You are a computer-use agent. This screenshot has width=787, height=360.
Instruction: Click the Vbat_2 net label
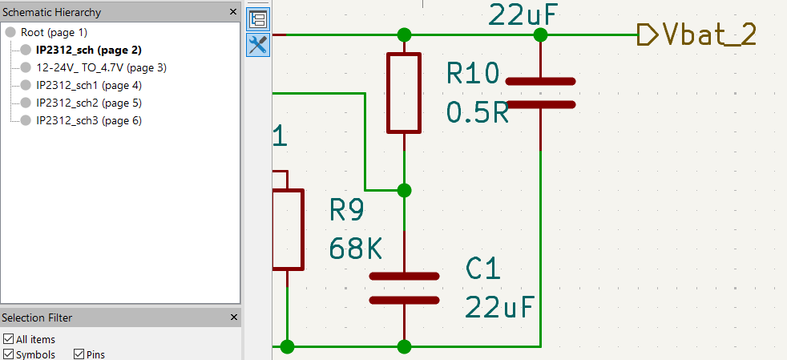[709, 35]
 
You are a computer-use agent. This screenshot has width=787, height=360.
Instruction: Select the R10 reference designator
[473, 74]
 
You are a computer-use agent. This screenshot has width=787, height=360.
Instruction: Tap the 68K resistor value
[355, 248]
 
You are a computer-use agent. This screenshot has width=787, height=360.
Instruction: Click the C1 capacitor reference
[483, 269]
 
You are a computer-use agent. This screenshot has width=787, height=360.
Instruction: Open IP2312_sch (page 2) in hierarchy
[89, 51]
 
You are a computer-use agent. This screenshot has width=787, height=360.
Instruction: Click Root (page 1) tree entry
[54, 33]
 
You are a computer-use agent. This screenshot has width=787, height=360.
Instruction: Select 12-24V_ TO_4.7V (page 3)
[102, 68]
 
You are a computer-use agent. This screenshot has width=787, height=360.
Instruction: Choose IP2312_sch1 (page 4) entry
[89, 85]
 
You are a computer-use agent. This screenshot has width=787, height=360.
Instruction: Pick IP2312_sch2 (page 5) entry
[89, 103]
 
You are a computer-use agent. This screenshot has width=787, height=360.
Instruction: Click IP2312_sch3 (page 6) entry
[89, 120]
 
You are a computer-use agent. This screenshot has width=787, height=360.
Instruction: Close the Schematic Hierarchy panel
[233, 12]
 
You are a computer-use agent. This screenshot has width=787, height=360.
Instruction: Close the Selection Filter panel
[233, 318]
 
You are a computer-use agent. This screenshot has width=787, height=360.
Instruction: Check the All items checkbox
[8, 339]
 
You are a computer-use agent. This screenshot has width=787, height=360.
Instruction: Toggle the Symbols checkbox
[8, 354]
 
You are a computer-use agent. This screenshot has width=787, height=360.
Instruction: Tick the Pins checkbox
[79, 354]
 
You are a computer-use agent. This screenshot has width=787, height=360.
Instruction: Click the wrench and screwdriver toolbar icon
[259, 45]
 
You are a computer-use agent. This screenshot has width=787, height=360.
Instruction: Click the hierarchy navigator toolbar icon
[259, 19]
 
